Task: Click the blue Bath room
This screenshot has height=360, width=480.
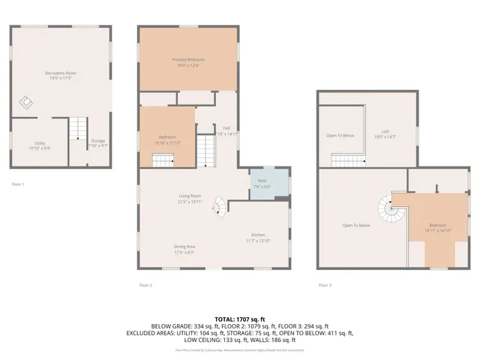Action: (269, 184)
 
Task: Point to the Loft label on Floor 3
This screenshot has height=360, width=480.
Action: (384, 135)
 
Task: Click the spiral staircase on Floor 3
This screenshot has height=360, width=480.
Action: (390, 207)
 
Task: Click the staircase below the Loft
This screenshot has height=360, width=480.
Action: (348, 159)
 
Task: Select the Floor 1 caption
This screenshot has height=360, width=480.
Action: (18, 183)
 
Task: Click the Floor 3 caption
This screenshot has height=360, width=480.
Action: (325, 285)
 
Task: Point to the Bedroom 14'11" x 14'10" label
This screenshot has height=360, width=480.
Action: (437, 228)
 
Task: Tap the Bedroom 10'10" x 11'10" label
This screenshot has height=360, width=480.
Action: (167, 139)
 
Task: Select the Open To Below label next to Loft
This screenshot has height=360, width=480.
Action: (340, 136)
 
